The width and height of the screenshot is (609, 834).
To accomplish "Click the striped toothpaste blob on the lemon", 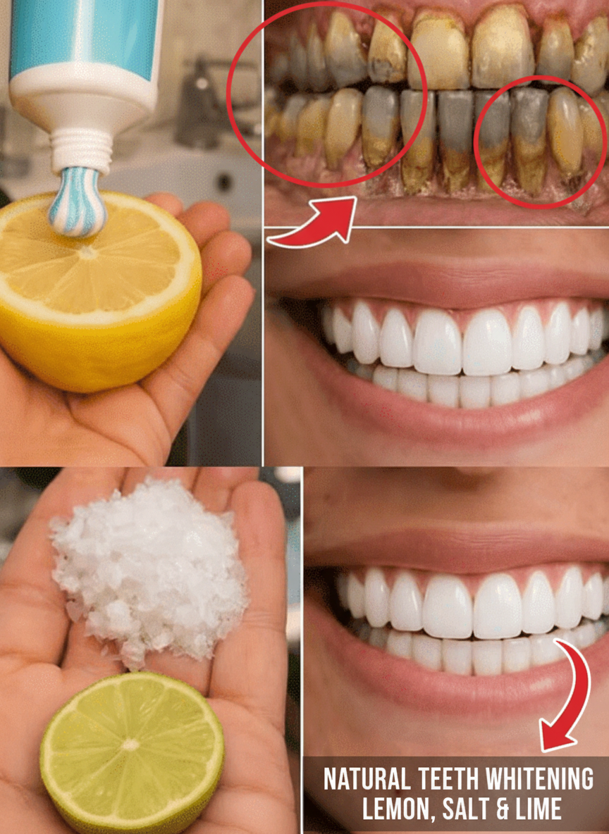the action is point(78,202).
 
